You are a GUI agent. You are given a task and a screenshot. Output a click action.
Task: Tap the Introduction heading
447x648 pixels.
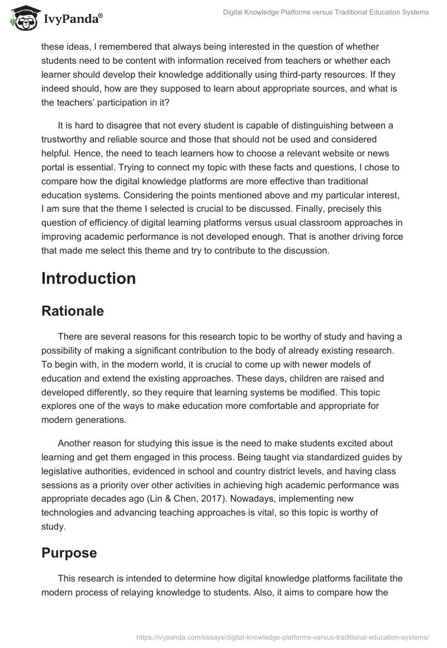pyautogui.click(x=88, y=278)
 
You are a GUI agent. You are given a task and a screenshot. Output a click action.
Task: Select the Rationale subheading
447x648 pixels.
pyautogui.click(x=73, y=311)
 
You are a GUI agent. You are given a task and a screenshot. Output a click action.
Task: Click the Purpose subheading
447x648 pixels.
pyautogui.click(x=69, y=552)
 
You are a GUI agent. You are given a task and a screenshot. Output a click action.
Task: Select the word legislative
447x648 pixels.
pyautogui.click(x=66, y=469)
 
